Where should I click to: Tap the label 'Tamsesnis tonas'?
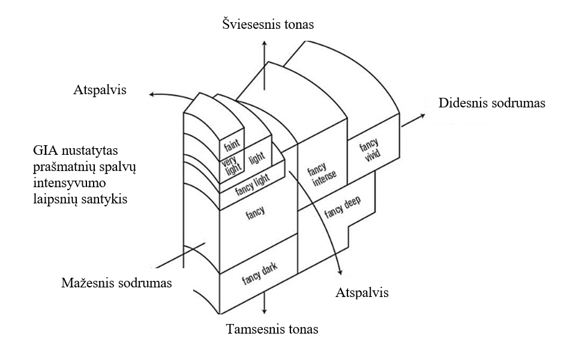tap(272, 329)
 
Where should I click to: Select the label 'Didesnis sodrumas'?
tap(492, 103)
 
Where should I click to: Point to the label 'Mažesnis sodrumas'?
tap(116, 282)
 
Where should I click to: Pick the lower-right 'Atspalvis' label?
tap(361, 293)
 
